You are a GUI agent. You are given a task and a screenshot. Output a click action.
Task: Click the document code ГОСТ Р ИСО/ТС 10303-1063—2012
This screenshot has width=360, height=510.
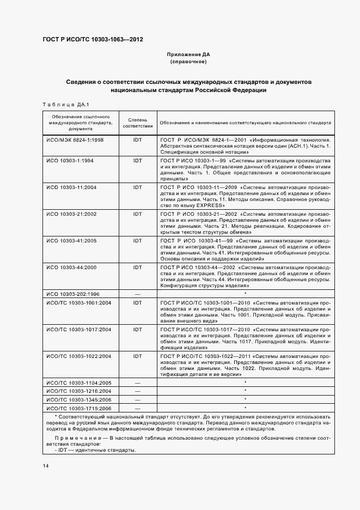click(x=93, y=40)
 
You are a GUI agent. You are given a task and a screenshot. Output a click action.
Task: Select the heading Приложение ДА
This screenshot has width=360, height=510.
click(x=188, y=55)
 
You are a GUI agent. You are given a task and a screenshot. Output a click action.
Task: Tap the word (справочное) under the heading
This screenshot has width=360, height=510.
click(x=188, y=62)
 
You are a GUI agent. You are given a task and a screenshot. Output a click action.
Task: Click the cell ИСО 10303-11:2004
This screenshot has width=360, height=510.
click(x=71, y=187)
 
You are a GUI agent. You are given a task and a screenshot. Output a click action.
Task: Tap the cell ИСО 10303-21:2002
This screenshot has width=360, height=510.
click(x=71, y=214)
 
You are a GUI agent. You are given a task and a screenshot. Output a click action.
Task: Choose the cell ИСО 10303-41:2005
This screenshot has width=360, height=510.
click(x=71, y=240)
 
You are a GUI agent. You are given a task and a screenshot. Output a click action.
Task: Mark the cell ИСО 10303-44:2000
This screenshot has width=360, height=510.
click(x=71, y=268)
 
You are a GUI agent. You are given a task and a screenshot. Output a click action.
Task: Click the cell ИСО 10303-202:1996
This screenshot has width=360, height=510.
click(x=73, y=294)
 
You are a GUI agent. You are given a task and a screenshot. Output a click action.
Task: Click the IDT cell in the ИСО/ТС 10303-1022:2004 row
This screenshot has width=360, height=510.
click(x=137, y=356)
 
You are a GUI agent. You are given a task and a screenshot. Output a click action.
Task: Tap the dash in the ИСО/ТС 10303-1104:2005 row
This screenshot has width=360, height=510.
click(x=137, y=383)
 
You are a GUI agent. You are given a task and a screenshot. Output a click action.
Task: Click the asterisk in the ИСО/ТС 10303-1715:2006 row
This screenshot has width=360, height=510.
click(x=246, y=408)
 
